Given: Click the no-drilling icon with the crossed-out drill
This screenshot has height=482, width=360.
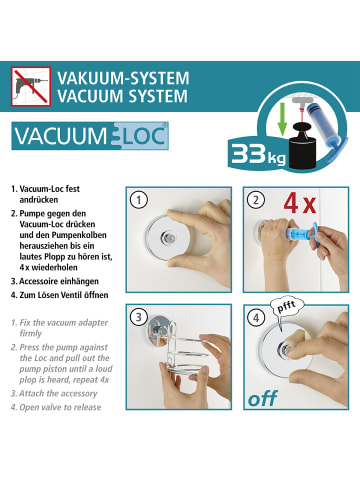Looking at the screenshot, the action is coord(31,86).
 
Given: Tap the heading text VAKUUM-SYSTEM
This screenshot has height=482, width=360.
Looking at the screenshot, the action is coord(123,79).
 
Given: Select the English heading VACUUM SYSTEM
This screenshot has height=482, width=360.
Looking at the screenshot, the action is coord(122,96).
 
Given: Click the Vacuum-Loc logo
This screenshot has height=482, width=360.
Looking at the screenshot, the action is coord(90,136).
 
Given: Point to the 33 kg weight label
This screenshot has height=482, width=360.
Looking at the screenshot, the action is coord(258,154).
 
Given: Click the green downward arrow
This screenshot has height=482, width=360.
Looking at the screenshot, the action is coord(282,119).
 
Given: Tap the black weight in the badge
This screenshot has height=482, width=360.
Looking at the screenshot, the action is coord(303,146).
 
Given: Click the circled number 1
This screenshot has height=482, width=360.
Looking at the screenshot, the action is coord(138,200).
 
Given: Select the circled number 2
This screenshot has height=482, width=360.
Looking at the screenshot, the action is coord(256,200).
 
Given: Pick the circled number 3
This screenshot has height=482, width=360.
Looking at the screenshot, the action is coord(138,317).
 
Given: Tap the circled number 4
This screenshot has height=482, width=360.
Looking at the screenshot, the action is coord(256,317).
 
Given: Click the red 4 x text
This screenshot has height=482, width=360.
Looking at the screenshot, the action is coord(300,203).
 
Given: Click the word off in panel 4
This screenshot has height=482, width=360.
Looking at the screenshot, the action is coord(262,398).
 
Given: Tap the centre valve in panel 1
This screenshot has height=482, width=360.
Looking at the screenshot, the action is coord(167,237).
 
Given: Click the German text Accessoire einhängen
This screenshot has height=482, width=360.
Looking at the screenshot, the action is coord(59,281).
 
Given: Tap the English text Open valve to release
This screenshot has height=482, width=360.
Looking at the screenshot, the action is coord(60,407).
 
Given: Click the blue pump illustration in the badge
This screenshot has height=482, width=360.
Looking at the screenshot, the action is coord(325,132).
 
